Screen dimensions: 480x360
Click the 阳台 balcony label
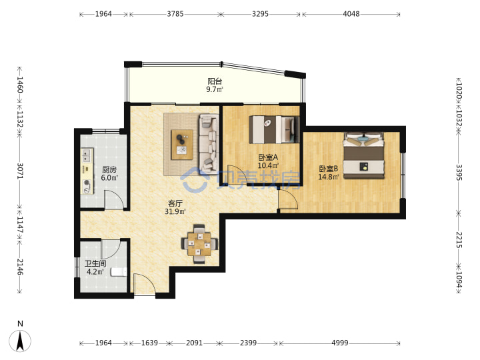[x=215, y=81]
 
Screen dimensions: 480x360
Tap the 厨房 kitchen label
[x=109, y=169]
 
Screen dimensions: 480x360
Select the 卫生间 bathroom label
[x=95, y=263]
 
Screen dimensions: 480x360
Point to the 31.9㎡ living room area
[x=175, y=211]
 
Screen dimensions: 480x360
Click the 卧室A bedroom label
[x=268, y=157]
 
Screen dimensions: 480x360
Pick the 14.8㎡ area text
[x=329, y=177]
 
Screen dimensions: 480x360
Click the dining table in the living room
[x=199, y=244]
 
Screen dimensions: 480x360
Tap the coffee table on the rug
[x=182, y=145]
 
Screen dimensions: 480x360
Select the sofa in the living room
[x=209, y=143]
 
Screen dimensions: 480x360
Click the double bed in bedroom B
[x=363, y=155]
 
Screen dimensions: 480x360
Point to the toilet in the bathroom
[x=119, y=271]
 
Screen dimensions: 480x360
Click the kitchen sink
[x=87, y=155]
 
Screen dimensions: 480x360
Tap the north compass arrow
[x=20, y=341]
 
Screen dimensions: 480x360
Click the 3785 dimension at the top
[x=175, y=14]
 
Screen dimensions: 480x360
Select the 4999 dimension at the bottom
[x=340, y=343]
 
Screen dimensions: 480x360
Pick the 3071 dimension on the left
[x=20, y=171]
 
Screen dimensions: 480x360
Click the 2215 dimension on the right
[x=459, y=239]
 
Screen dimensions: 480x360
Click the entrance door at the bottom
[x=144, y=285]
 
